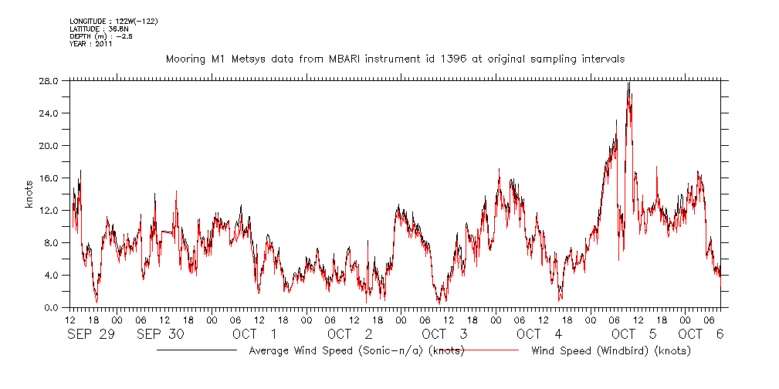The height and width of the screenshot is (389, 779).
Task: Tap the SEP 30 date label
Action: click(160, 333)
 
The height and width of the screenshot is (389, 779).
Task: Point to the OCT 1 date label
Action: click(254, 333)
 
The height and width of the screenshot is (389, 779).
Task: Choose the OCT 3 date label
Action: click(444, 333)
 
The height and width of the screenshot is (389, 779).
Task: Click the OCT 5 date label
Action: click(634, 333)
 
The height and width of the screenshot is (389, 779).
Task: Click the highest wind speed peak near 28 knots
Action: click(629, 83)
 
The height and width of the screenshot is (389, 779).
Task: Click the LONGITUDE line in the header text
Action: click(113, 21)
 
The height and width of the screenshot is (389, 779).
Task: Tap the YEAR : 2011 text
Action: click(91, 44)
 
